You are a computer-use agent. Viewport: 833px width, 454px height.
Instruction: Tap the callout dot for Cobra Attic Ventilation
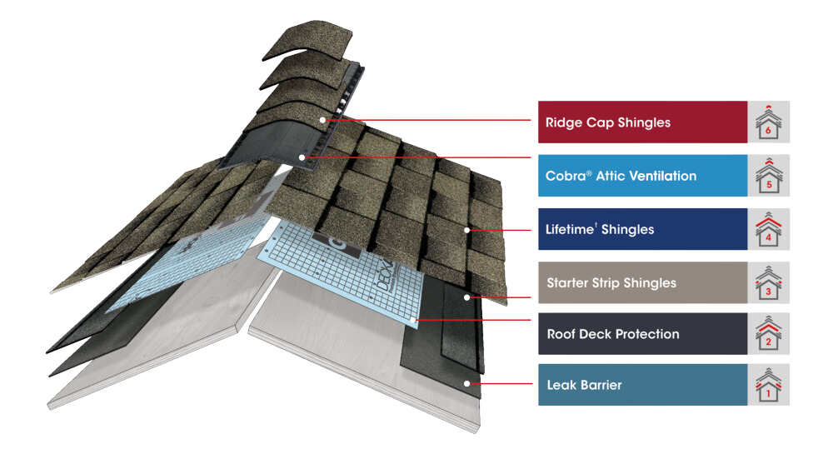coord(302,157)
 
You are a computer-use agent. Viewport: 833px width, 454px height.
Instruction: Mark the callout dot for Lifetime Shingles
coord(468,229)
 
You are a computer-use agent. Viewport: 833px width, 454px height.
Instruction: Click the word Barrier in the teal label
coord(599,385)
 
